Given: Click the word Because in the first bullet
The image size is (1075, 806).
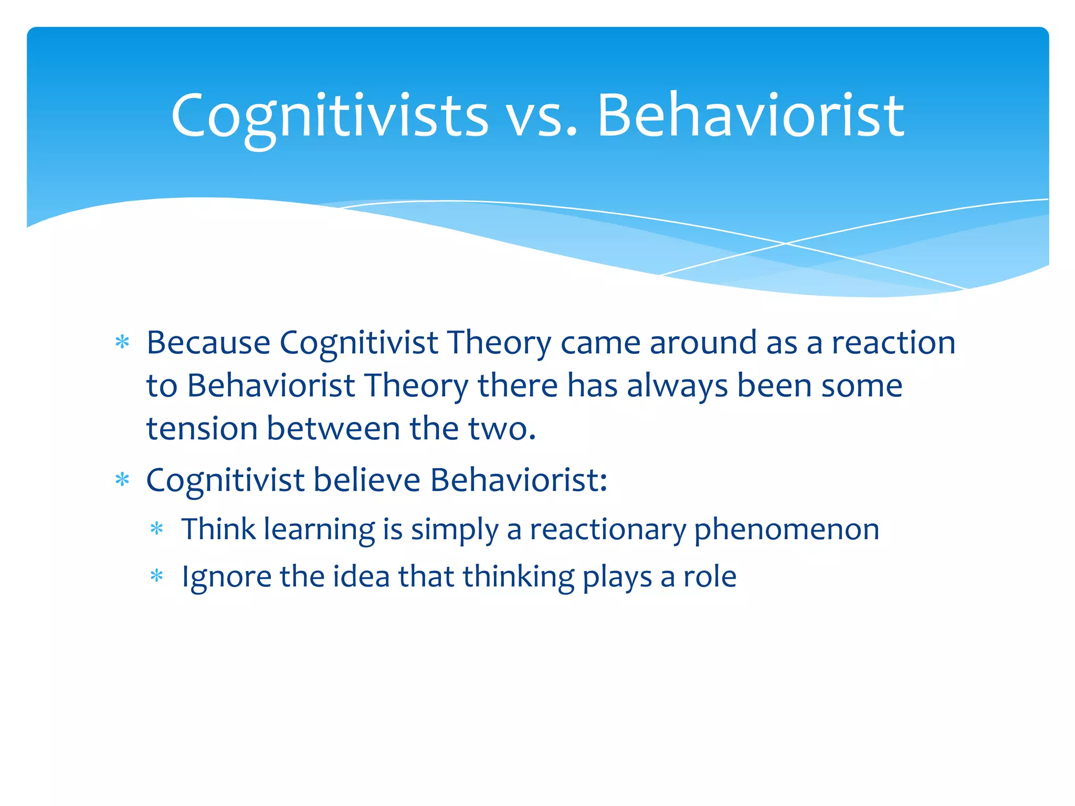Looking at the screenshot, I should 208,343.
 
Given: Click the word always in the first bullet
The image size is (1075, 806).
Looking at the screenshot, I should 677,386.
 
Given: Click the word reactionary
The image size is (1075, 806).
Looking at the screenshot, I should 608,529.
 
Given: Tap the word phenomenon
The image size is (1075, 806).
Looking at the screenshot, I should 786,529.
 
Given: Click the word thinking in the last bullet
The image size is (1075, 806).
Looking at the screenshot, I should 519,577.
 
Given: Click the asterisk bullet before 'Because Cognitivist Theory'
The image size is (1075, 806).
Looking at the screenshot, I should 122,343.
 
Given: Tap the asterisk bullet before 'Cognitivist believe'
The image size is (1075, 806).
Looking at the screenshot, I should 122,480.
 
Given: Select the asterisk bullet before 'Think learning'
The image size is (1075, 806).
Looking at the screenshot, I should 157,528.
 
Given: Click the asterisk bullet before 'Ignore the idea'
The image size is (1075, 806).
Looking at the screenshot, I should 157,576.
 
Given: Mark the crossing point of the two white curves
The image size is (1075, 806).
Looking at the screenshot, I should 786,243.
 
